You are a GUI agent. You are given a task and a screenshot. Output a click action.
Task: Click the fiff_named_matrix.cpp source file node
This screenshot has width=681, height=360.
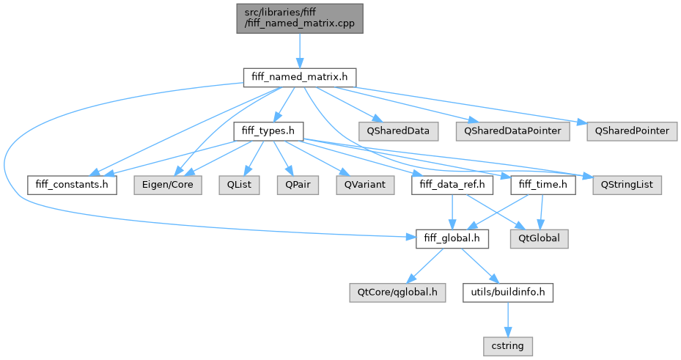point(299,18)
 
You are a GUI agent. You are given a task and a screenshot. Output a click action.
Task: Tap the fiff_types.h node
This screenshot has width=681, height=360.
point(268,131)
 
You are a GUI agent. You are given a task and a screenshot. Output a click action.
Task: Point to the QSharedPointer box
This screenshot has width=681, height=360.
point(630,131)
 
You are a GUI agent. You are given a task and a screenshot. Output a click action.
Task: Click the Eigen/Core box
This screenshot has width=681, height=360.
point(163,184)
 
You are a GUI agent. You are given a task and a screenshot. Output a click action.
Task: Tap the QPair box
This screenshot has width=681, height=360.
point(289,184)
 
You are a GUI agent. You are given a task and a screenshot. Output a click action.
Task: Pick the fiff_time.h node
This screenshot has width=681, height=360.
point(542,184)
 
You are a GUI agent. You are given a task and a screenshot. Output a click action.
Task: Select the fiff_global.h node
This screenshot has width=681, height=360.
point(452,238)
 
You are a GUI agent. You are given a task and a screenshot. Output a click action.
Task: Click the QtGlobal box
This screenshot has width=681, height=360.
point(540,238)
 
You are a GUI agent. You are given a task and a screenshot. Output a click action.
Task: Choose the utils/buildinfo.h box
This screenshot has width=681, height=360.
point(507,291)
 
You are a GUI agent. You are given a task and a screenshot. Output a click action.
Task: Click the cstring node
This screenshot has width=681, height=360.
point(507,344)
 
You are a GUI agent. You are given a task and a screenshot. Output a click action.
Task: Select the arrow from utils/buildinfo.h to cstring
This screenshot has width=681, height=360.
point(507,317)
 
